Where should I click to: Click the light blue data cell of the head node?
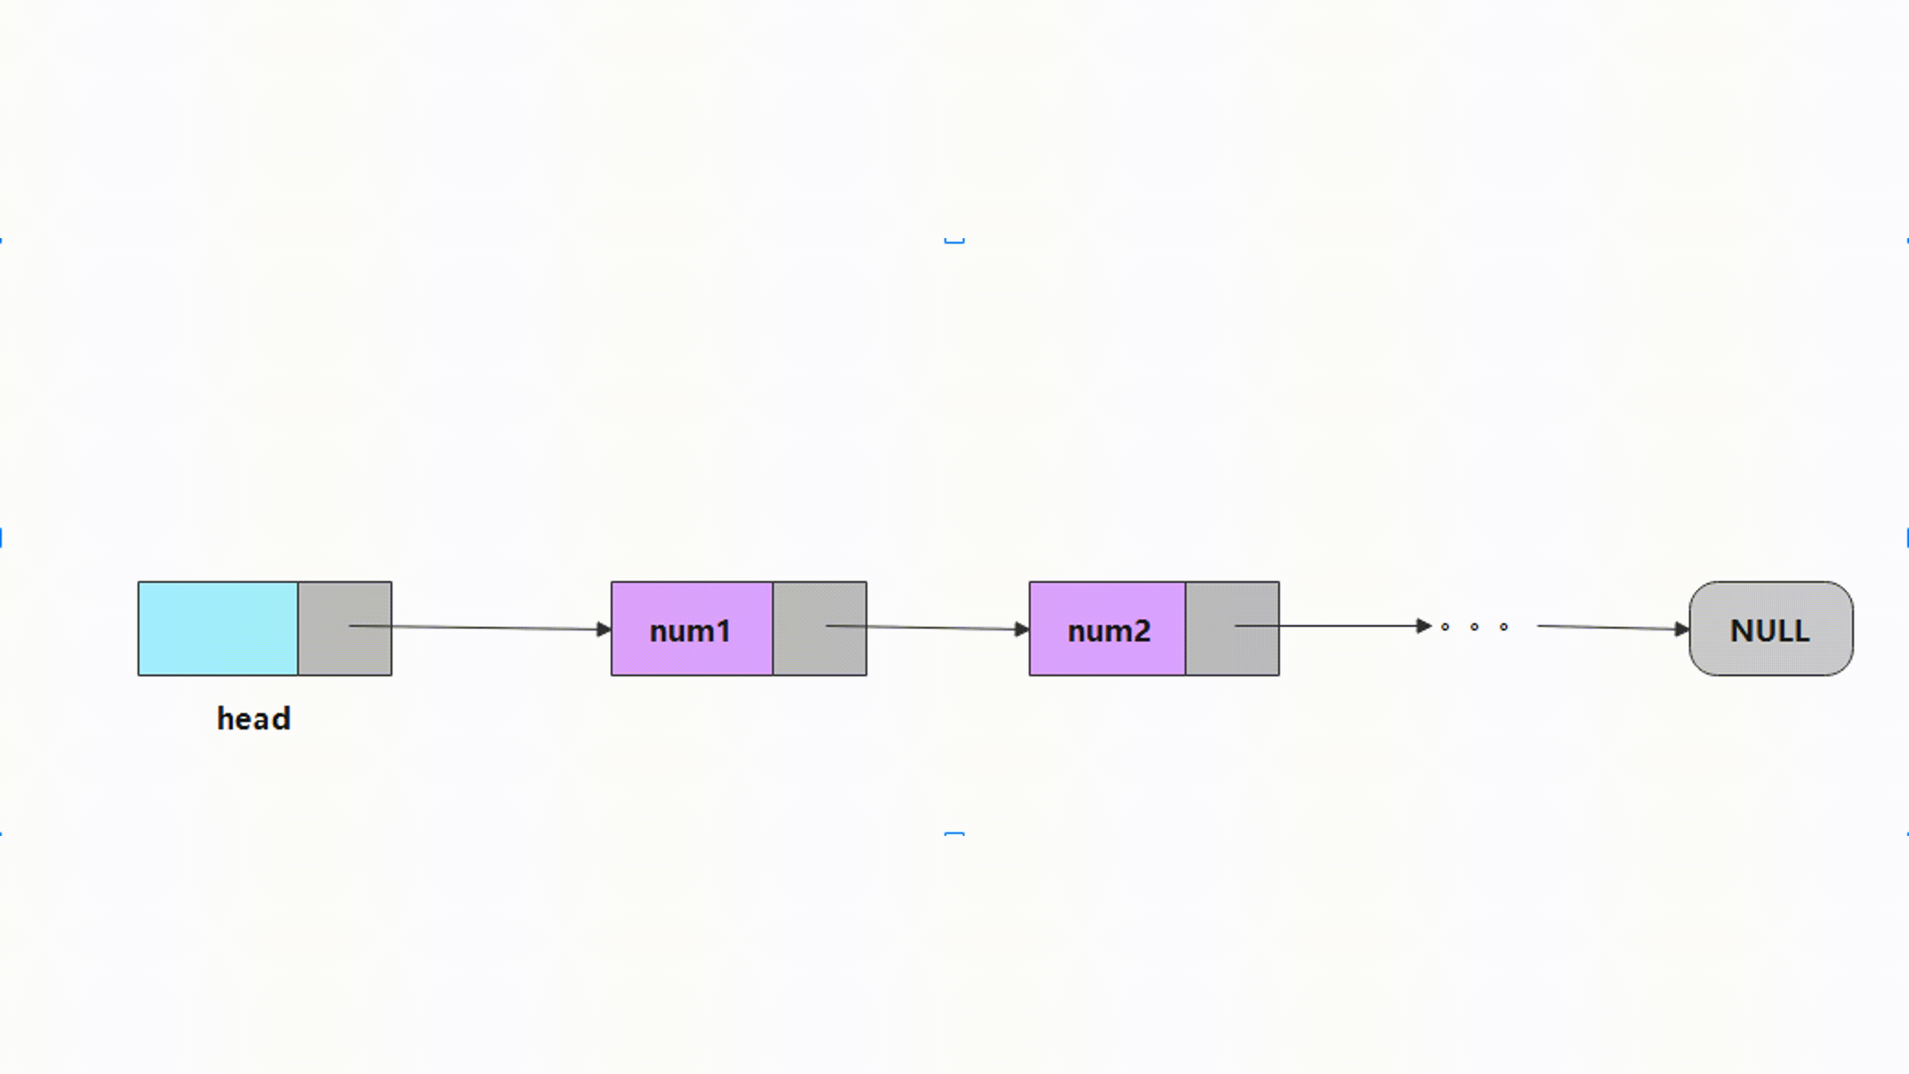[218, 628]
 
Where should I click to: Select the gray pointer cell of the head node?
[345, 628]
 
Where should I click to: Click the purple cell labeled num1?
[692, 628]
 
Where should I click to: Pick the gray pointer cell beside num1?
[820, 628]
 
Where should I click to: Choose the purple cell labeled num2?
[1107, 628]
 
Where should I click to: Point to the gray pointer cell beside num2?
[1232, 628]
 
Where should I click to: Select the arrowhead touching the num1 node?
[604, 629]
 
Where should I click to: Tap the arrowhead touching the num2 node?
[1022, 629]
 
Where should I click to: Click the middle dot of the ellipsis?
[1474, 627]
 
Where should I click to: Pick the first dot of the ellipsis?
[1444, 627]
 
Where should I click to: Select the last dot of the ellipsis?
[1504, 627]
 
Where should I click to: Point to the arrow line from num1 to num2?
[928, 628]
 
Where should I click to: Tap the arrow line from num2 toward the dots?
[1333, 626]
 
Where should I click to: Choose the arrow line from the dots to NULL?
[1613, 628]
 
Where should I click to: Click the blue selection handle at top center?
[954, 241]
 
